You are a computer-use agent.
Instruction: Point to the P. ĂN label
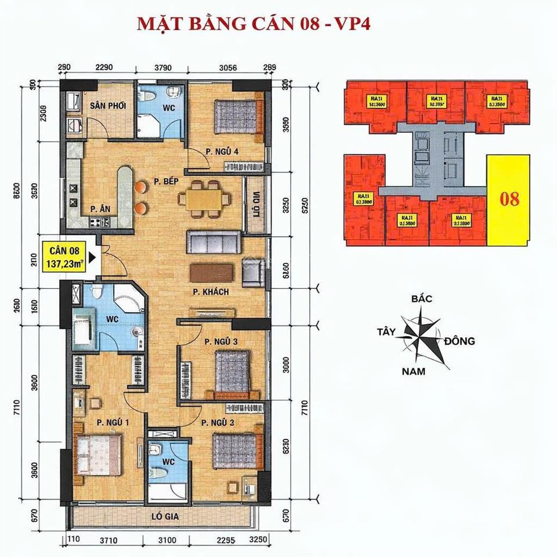pyautogui.click(x=100, y=209)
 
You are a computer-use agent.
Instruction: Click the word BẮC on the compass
pyautogui.click(x=422, y=299)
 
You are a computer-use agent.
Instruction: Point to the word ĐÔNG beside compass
pyautogui.click(x=460, y=341)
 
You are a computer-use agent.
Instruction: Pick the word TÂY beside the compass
pyautogui.click(x=386, y=332)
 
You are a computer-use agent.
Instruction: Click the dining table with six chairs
pyautogui.click(x=202, y=197)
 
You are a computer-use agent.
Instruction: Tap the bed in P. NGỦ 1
pyautogui.click(x=99, y=453)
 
